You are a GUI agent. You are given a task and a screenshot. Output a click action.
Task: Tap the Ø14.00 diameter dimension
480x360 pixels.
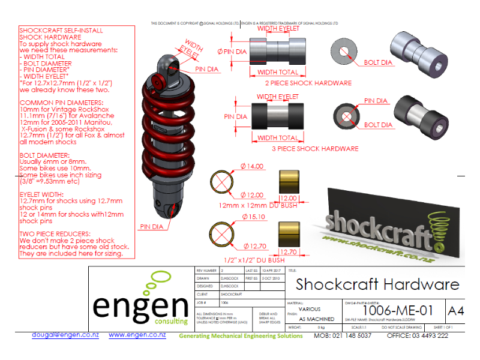(x=253, y=166)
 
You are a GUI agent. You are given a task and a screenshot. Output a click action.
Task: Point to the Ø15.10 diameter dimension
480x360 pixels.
(x=253, y=216)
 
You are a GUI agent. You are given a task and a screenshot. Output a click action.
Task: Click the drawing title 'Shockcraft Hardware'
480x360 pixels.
(x=377, y=284)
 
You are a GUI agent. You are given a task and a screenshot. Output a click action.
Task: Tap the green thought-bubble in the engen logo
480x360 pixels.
(x=161, y=280)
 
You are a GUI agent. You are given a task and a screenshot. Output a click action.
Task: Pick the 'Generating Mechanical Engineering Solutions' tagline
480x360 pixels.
(x=241, y=335)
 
